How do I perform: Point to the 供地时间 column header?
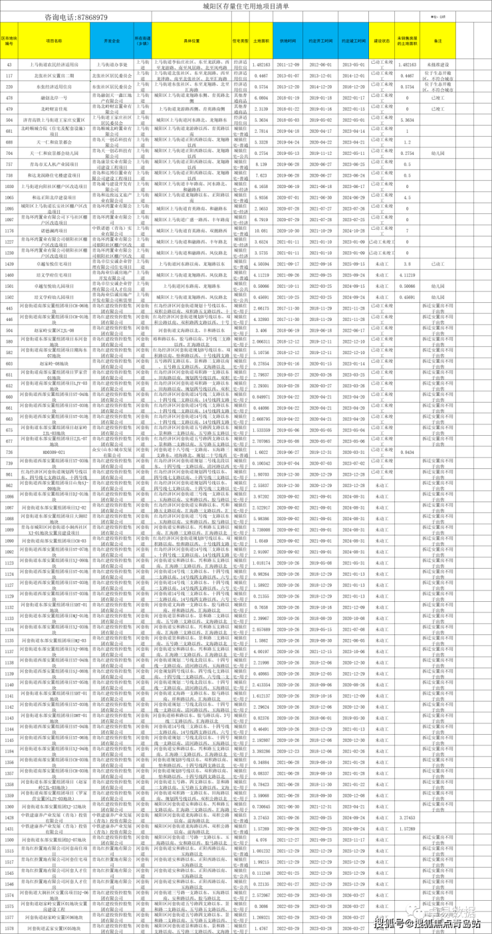pyautogui.click(x=287, y=41)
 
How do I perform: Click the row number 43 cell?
pyautogui.click(x=9, y=65)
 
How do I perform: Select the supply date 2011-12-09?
pyautogui.click(x=287, y=65)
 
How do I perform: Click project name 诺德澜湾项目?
pyautogui.click(x=54, y=231)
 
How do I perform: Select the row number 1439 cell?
pyautogui.click(x=9, y=264)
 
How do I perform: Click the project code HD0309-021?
pyautogui.click(x=54, y=452)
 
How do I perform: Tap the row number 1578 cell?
pyautogui.click(x=9, y=927)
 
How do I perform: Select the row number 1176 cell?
pyautogui.click(x=9, y=231)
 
